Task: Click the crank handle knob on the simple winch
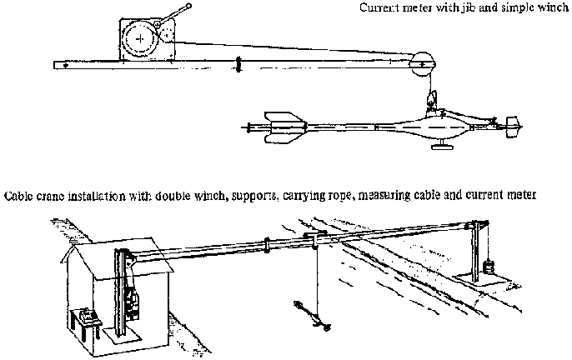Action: (189, 7)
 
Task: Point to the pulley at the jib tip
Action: (422, 62)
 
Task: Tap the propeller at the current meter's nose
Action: (512, 127)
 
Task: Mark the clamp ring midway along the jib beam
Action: (238, 63)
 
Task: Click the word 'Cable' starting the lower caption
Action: (18, 195)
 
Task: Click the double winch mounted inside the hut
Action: (127, 292)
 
